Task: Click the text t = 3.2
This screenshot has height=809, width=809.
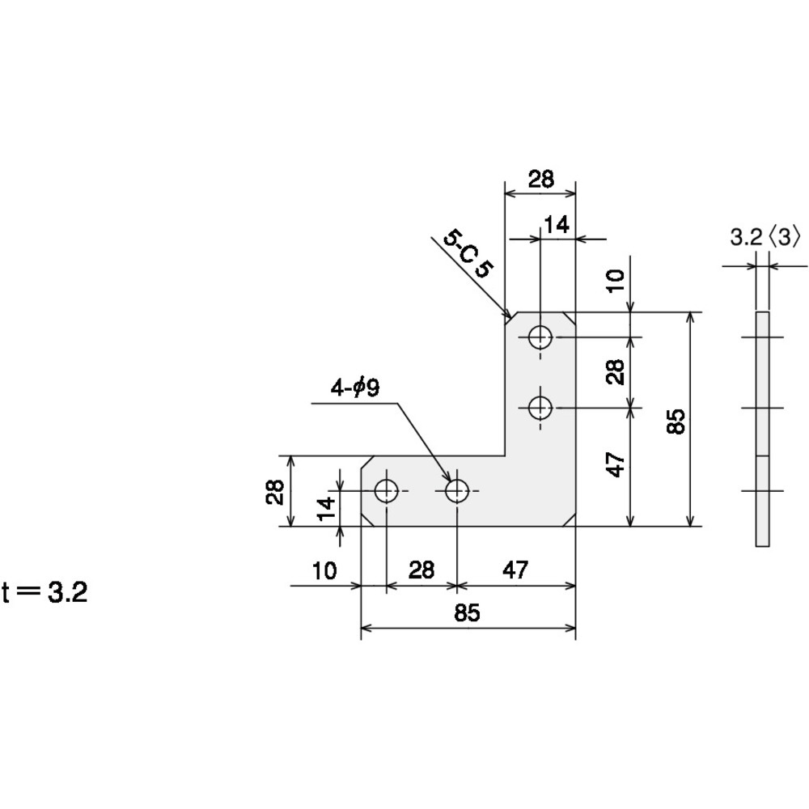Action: (x=44, y=592)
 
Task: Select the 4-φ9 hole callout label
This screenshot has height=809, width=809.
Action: (x=355, y=388)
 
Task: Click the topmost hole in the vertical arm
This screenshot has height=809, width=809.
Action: (x=540, y=337)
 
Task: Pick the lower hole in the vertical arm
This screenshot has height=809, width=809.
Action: (x=540, y=408)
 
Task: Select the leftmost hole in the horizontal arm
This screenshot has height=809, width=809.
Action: (x=386, y=491)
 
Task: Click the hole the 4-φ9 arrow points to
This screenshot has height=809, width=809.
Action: (x=457, y=491)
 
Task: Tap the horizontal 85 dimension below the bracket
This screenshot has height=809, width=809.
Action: (x=468, y=613)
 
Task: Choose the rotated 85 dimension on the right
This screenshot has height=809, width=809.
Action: (x=676, y=421)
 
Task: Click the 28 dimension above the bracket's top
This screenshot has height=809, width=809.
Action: (x=540, y=179)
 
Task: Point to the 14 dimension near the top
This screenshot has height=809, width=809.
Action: (x=557, y=225)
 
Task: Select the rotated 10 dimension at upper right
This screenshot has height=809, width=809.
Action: (x=615, y=282)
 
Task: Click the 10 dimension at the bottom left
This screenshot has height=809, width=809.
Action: (x=324, y=570)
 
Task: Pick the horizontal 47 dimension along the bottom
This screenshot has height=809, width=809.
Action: (x=515, y=570)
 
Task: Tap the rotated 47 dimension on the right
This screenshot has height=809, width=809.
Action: (x=615, y=464)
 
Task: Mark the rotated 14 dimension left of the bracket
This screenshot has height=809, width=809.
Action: (x=325, y=508)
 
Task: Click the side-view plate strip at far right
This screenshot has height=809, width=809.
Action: (x=763, y=429)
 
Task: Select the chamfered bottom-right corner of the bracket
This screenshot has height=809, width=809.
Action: (x=570, y=520)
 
